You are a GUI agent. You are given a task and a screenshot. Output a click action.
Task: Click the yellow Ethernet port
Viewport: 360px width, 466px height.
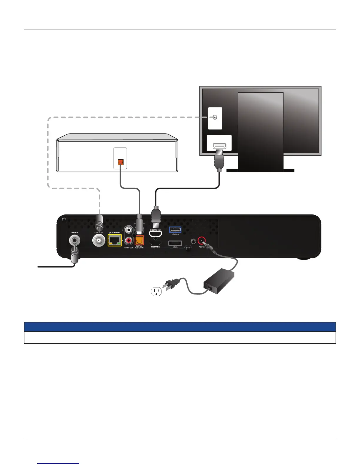tap(114, 240)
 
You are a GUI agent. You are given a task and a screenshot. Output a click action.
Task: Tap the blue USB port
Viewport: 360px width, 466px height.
tap(175, 230)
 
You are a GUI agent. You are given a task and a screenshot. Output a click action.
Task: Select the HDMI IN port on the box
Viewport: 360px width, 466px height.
tap(156, 243)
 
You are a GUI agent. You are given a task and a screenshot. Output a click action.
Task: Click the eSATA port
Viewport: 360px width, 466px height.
tap(175, 243)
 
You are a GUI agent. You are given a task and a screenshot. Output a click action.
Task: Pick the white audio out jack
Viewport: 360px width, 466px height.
tap(129, 229)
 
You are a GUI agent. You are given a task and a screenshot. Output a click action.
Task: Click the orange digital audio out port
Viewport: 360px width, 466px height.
tap(139, 241)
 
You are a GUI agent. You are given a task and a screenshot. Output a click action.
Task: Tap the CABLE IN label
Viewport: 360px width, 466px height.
tap(74, 233)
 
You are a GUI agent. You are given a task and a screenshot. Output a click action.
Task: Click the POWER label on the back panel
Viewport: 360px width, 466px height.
tap(201, 247)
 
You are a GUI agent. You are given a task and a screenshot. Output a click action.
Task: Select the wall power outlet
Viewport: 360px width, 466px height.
tap(156, 292)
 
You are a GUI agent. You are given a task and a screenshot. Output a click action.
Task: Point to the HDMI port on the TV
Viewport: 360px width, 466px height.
tap(219, 146)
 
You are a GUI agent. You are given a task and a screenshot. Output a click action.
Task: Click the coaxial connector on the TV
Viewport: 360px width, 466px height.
tap(215, 117)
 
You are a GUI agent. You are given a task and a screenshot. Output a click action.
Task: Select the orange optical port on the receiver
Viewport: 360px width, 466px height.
tap(120, 162)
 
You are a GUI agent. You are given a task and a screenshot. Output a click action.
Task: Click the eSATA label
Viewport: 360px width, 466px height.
tap(175, 247)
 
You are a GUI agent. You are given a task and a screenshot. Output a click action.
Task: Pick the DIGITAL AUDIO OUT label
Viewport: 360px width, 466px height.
tap(139, 247)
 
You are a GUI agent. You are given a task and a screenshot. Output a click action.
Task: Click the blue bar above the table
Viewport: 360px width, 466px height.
tap(180, 327)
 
